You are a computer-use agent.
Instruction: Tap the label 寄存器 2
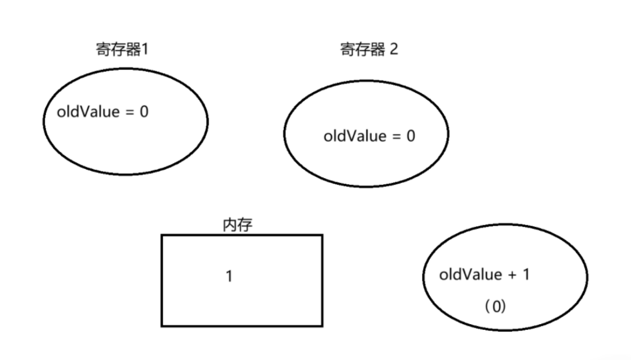[369, 49]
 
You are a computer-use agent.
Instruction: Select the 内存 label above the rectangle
[238, 225]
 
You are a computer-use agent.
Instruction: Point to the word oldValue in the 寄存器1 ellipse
[88, 111]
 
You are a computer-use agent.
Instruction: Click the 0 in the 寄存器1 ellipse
[144, 111]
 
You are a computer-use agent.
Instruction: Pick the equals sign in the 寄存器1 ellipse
[129, 112]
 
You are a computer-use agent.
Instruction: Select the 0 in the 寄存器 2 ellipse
[411, 136]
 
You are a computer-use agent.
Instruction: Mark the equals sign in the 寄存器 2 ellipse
[396, 137]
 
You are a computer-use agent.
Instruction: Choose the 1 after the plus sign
[526, 275]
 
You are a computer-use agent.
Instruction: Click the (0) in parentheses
[495, 307]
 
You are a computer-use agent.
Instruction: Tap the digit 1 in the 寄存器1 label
[146, 49]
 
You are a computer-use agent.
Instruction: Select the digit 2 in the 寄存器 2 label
[393, 49]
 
